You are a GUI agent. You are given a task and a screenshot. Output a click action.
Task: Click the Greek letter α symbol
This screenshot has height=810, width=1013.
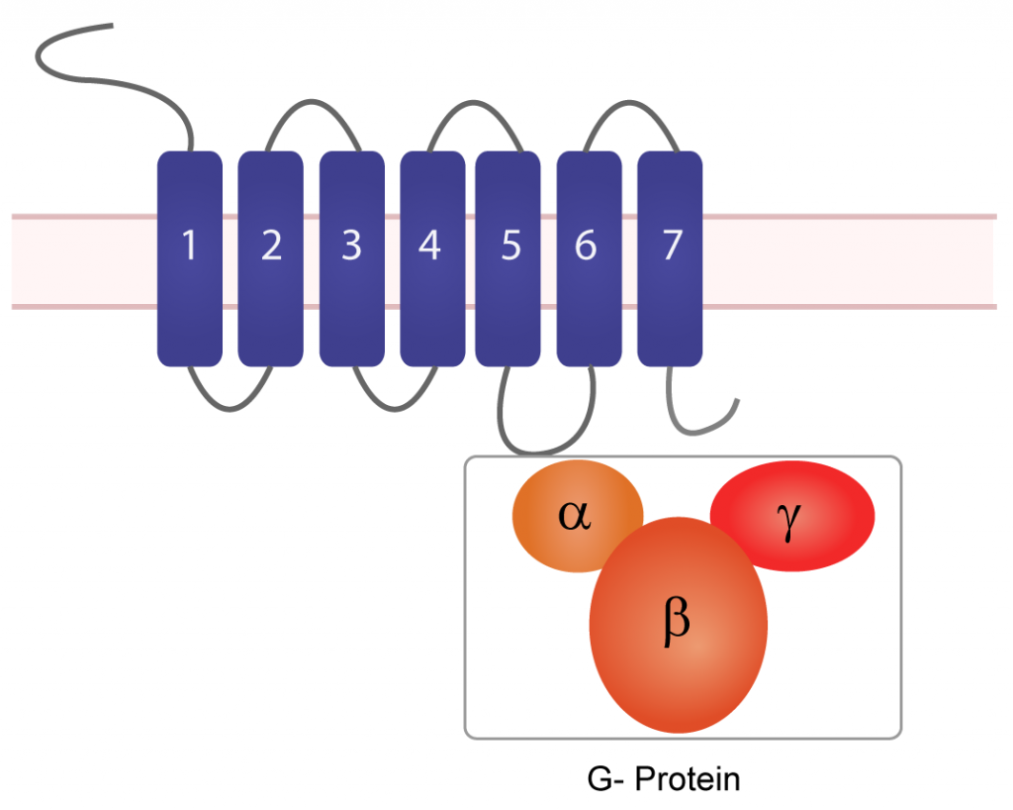pyautogui.click(x=575, y=515)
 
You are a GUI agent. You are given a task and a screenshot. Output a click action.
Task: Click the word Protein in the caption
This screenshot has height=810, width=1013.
pyautogui.click(x=687, y=778)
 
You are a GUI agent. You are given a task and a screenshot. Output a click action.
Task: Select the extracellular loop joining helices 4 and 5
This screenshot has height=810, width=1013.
pyautogui.click(x=472, y=101)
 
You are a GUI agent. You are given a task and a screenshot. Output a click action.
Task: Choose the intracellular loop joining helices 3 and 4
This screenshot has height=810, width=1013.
pyautogui.click(x=393, y=406)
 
